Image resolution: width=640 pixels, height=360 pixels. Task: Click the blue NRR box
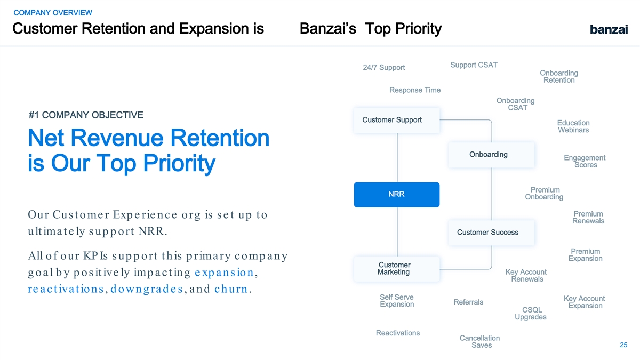coord(397,195)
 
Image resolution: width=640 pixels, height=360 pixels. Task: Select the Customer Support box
coord(397,121)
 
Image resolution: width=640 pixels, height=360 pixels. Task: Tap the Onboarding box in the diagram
coord(491,155)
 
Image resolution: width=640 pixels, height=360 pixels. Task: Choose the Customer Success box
coord(491,233)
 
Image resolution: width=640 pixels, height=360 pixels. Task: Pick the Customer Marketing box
coord(397,269)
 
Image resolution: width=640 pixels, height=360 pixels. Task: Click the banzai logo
coord(609,29)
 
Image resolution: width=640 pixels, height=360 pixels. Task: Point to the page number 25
coord(623,345)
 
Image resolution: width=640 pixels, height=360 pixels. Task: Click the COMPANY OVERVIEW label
coord(53,13)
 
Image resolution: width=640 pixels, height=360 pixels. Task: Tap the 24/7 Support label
coord(383,67)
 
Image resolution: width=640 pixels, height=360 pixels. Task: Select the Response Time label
coord(415,90)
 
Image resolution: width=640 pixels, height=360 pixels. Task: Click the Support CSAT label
coord(474,65)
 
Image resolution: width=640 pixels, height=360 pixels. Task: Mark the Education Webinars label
coord(573,126)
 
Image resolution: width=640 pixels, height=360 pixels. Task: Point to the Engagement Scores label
coord(585,161)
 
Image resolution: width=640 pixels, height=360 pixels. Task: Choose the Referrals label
coord(468,302)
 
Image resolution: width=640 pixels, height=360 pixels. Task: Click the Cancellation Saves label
coord(479,341)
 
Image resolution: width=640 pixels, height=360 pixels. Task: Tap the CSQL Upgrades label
coord(531,314)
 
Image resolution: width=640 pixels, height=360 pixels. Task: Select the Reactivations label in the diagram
coord(398,333)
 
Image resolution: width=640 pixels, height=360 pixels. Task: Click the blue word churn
coord(231,289)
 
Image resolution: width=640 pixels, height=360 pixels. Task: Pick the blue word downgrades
coord(147,289)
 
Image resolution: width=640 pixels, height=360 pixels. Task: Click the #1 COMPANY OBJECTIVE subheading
coord(86,115)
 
